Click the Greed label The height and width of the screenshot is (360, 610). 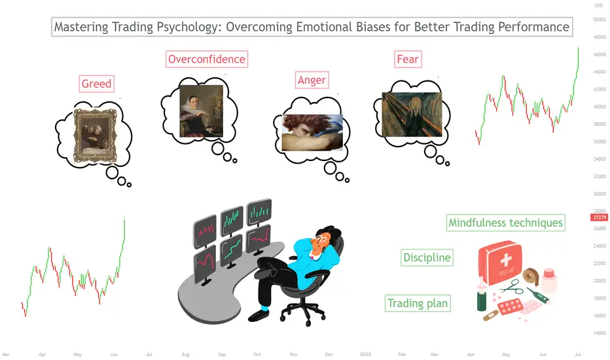point(96,84)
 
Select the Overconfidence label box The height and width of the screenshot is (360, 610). point(207,59)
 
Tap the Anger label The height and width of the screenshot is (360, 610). point(312,80)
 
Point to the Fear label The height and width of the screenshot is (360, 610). point(408,59)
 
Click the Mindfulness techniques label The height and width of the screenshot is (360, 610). point(505,223)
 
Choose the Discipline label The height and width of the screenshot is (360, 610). point(427,258)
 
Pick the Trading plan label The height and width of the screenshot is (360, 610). point(418,303)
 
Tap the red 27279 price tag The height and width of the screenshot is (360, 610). point(599,217)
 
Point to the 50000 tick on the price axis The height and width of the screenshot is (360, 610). point(600,20)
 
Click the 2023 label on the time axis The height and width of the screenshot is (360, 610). point(365,354)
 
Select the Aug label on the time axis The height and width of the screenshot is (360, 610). point(186,354)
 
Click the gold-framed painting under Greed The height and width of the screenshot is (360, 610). point(96,136)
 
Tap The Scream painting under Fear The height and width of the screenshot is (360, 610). point(412,115)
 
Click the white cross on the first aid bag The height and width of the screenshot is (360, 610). point(506,259)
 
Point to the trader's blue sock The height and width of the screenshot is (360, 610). point(264,308)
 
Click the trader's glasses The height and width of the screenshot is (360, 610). point(321,237)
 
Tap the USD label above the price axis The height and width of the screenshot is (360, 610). point(599,5)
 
